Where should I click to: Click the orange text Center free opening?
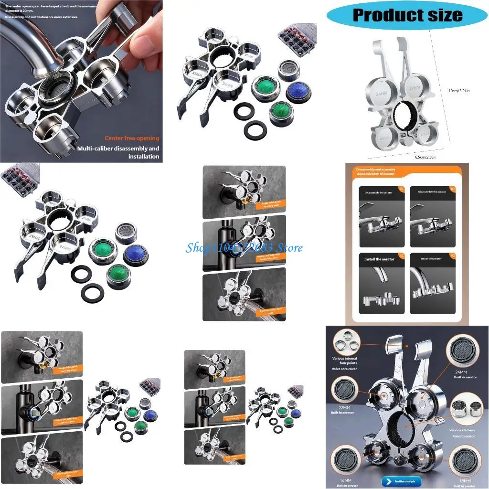tap(132, 138)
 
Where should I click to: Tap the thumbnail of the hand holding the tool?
tap(81, 81)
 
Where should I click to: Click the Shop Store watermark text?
tap(244, 248)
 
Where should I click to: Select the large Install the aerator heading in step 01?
tap(380, 259)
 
